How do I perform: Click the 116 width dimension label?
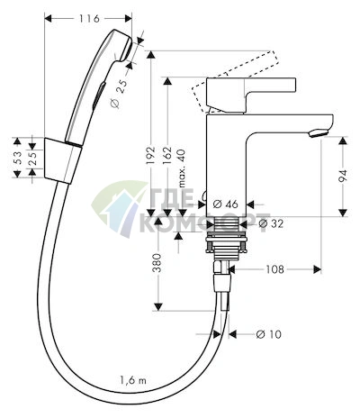click(x=89, y=19)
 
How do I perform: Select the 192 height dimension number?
click(x=150, y=155)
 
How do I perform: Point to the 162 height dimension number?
click(x=166, y=155)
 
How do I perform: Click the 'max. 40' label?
click(x=182, y=168)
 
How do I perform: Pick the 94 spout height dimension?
click(x=343, y=177)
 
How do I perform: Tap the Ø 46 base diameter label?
click(x=226, y=204)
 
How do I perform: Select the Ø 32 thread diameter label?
click(x=271, y=223)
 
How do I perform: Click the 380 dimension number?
click(x=157, y=263)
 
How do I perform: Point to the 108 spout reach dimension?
click(x=274, y=269)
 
